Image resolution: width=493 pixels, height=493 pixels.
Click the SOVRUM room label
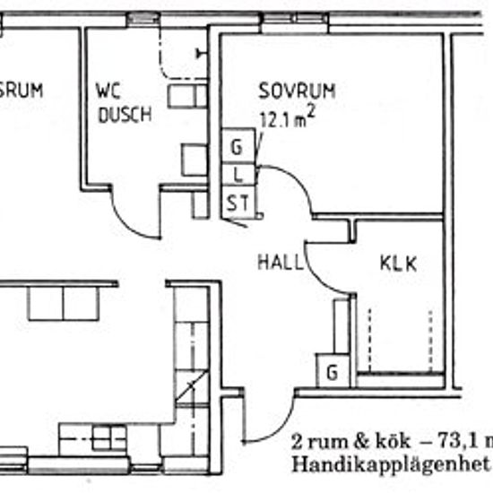coord(297,91)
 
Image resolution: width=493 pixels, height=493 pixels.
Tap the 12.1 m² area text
coord(290,117)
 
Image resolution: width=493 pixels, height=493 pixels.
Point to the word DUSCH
coord(125,114)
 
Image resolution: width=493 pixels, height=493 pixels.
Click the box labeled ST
coord(237,203)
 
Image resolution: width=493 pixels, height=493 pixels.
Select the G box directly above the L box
coord(237,146)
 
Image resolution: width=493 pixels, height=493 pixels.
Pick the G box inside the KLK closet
coord(332,371)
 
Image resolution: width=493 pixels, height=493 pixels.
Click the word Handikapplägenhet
coord(390,464)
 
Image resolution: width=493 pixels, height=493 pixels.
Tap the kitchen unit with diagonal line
coord(191,390)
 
